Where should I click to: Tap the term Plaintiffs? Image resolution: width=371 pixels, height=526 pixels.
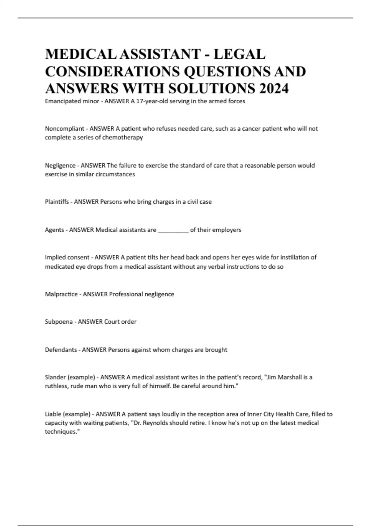57,202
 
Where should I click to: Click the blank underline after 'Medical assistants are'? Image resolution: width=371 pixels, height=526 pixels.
173,230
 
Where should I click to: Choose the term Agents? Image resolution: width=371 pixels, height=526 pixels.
54,230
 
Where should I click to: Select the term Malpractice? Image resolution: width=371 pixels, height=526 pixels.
61,294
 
